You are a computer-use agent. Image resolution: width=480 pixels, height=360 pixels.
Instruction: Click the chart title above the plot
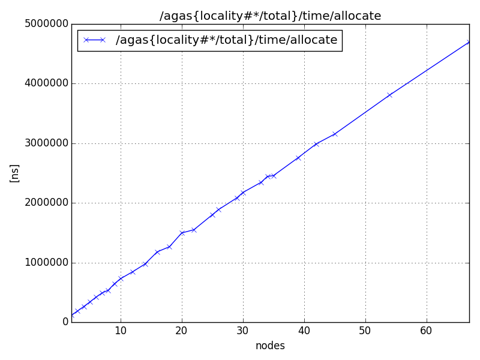coord(270,16)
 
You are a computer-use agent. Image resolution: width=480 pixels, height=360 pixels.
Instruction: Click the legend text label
coord(226,40)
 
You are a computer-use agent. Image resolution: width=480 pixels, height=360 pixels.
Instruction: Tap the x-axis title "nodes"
coord(270,346)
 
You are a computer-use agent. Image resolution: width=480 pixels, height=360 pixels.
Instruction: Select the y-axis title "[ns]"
coord(15,173)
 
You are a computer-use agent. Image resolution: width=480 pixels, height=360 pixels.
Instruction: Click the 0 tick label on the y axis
coord(65,322)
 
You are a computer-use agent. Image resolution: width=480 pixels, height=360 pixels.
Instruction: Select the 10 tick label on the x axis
coord(121,331)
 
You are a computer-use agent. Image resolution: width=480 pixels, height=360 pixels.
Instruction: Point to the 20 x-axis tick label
coord(182,331)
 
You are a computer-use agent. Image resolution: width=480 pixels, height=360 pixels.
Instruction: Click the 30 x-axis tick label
coord(243,331)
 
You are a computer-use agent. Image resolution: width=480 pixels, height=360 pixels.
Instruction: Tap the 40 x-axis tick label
coord(304,331)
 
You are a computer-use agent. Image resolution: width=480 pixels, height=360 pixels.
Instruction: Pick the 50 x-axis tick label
coord(365,331)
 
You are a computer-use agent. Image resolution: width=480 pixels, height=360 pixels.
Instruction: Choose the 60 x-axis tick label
coord(427,331)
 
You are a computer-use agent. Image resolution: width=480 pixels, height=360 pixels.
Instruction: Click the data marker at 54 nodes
coord(390,95)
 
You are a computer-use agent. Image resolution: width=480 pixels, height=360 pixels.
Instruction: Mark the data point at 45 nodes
coord(335,134)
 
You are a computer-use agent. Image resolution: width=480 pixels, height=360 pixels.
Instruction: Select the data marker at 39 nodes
coord(298,158)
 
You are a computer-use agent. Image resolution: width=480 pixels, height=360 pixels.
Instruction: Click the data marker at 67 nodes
coord(469,42)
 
